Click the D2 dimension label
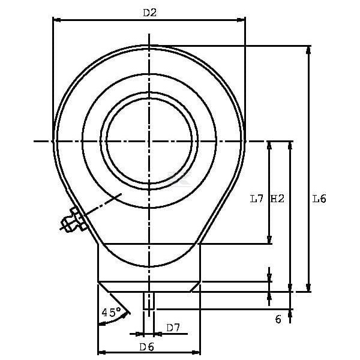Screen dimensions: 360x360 [149, 13]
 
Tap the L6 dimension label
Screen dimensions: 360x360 [319, 199]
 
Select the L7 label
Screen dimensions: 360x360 [256, 199]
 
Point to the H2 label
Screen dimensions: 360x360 [278, 199]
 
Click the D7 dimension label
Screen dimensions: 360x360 [173, 328]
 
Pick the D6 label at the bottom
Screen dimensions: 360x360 [147, 347]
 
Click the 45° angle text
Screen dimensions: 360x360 [112, 312]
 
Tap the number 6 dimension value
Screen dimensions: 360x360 [278, 319]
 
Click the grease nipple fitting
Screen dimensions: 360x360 [73, 220]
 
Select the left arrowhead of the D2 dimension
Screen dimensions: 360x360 [56, 20]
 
